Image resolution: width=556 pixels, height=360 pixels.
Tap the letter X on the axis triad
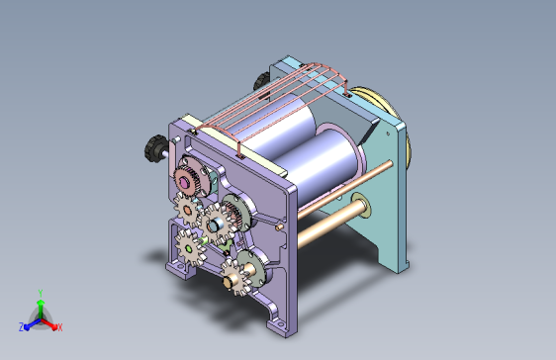[x=60, y=327]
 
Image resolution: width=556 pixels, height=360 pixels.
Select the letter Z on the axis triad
[x=22, y=327]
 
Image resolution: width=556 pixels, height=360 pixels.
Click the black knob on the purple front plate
[x=155, y=148]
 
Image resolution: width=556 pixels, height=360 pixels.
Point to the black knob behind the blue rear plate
[x=262, y=81]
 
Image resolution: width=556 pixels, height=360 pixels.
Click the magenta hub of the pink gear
[x=184, y=183]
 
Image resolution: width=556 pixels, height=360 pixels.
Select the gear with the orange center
[x=187, y=211]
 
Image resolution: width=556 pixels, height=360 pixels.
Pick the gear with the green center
[x=189, y=249]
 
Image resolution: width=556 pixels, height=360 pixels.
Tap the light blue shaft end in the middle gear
[x=216, y=225]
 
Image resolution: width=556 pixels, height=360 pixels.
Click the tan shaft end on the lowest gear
[x=228, y=281]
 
